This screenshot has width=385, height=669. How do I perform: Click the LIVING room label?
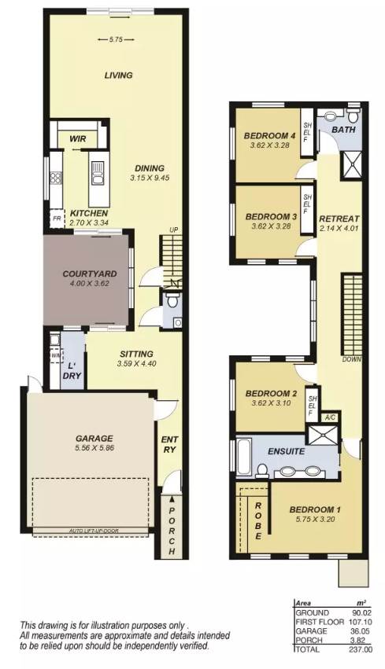tap(118, 75)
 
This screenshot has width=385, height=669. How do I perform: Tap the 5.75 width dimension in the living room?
tap(116, 39)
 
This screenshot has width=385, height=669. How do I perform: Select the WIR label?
tap(78, 138)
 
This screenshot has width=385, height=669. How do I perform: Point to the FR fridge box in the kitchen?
tap(57, 219)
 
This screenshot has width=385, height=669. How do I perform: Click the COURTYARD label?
tap(90, 274)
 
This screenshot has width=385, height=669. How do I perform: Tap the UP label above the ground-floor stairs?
tap(173, 230)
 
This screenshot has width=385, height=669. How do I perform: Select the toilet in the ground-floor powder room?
tap(172, 300)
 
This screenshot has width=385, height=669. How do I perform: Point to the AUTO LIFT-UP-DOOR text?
tap(94, 531)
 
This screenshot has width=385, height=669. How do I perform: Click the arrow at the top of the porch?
tap(172, 498)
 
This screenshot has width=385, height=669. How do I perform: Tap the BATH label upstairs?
tap(343, 129)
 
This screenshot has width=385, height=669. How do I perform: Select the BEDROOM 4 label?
tap(269, 136)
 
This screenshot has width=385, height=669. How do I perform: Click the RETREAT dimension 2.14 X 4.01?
tap(339, 228)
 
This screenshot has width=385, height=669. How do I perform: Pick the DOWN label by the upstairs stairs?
tap(352, 359)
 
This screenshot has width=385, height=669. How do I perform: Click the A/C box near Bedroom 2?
tap(329, 417)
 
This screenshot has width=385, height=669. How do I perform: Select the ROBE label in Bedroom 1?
tap(258, 521)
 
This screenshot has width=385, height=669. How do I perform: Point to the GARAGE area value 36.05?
tap(363, 631)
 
